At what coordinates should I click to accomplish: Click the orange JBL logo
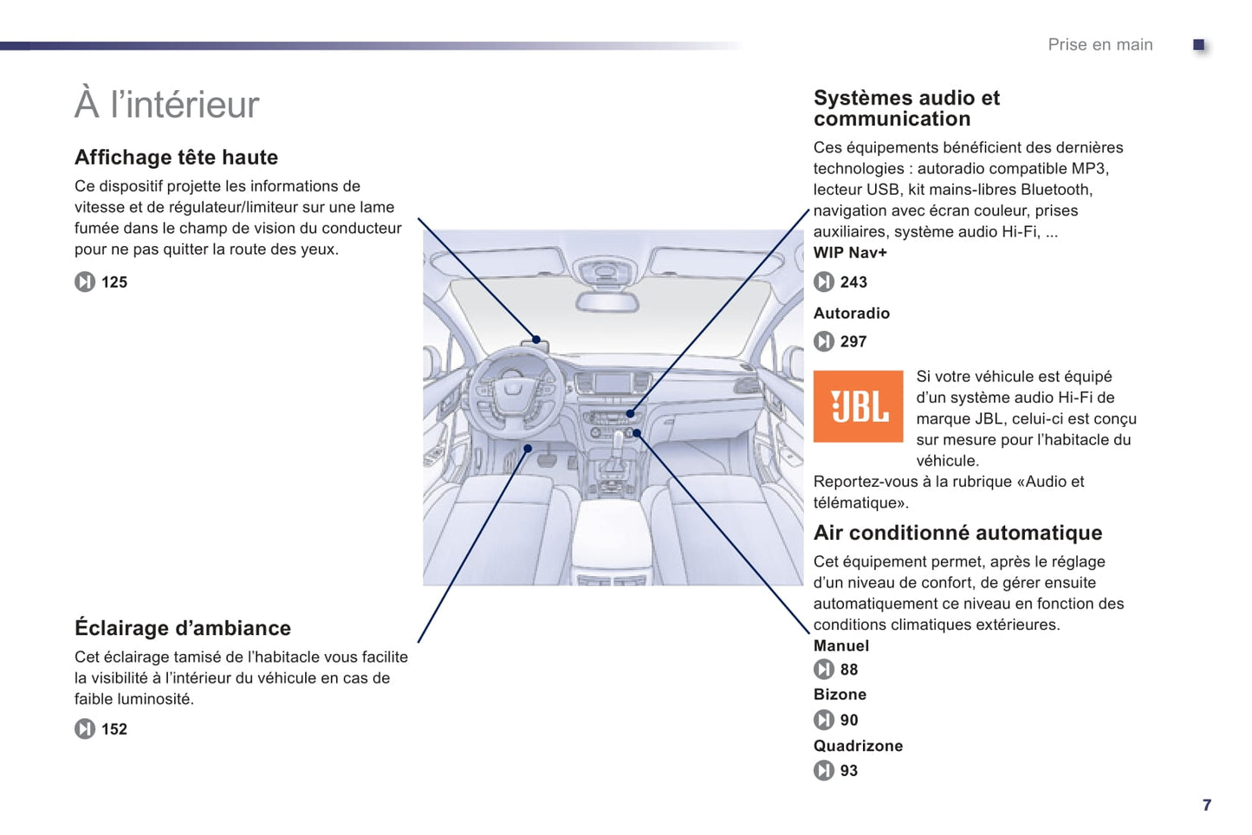pyautogui.click(x=857, y=405)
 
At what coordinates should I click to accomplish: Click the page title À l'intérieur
pyautogui.click(x=167, y=105)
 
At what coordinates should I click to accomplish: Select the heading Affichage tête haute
pyautogui.click(x=176, y=158)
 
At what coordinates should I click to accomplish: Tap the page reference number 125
pyautogui.click(x=114, y=282)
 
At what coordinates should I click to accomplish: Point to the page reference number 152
pyautogui.click(x=114, y=729)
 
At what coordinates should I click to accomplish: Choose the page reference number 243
pyautogui.click(x=853, y=282)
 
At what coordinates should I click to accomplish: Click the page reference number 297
pyautogui.click(x=853, y=342)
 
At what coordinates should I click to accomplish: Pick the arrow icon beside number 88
pyautogui.click(x=823, y=670)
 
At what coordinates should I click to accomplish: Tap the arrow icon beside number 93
pyautogui.click(x=823, y=770)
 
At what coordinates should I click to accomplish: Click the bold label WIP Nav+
pyautogui.click(x=850, y=253)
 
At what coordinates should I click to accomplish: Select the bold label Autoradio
pyautogui.click(x=851, y=314)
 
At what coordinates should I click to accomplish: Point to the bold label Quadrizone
pyautogui.click(x=858, y=746)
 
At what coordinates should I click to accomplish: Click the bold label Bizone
pyautogui.click(x=840, y=695)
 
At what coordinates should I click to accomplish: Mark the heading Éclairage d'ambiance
pyautogui.click(x=183, y=628)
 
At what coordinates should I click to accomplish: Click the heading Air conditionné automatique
pyautogui.click(x=957, y=533)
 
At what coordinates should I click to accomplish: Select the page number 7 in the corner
pyautogui.click(x=1206, y=806)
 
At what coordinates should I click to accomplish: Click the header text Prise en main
pyautogui.click(x=1100, y=45)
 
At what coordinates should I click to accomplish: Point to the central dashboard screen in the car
pyautogui.click(x=612, y=384)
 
